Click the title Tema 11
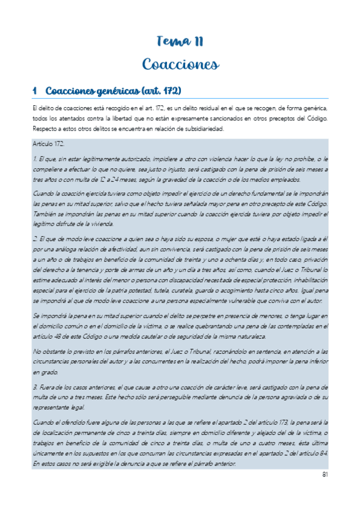(x=180, y=41)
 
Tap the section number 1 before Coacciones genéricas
(x=35, y=91)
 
